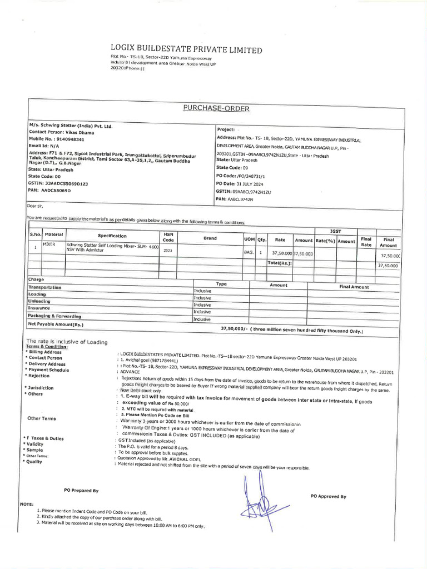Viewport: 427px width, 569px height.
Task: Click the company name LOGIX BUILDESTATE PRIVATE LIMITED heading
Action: pyautogui.click(x=186, y=50)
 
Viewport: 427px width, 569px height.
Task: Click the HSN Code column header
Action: pyautogui.click(x=168, y=237)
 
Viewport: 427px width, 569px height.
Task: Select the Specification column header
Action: pyautogui.click(x=112, y=236)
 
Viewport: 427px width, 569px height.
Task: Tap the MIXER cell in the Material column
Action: pyautogui.click(x=49, y=244)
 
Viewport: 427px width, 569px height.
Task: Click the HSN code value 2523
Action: pyautogui.click(x=168, y=251)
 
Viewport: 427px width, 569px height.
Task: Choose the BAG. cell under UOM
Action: pyautogui.click(x=248, y=252)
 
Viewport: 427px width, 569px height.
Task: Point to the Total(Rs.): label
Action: pyautogui.click(x=280, y=263)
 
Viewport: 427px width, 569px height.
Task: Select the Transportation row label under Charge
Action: pyautogui.click(x=44, y=287)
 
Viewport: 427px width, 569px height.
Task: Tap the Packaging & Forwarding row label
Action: pyautogui.click(x=54, y=316)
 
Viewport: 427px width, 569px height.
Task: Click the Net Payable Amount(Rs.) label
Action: pyautogui.click(x=56, y=323)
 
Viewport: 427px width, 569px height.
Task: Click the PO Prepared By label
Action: pyautogui.click(x=81, y=490)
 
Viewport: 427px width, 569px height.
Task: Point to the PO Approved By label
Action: pyautogui.click(x=328, y=496)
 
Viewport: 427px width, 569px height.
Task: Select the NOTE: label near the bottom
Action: pyautogui.click(x=27, y=503)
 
